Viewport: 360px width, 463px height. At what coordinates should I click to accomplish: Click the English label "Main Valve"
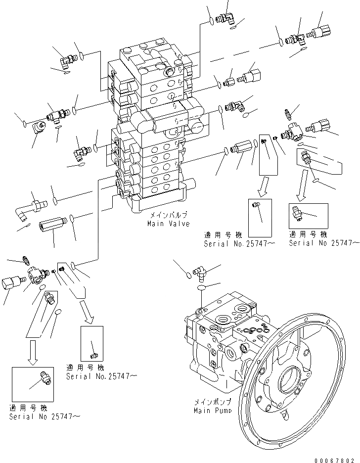click(168, 224)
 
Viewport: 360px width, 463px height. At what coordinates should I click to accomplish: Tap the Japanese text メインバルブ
click(168, 217)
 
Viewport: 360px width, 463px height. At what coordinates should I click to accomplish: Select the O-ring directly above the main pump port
click(201, 287)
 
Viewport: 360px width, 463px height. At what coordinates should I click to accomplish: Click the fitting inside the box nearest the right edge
click(301, 213)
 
